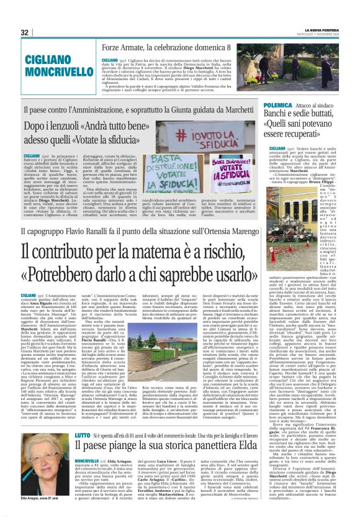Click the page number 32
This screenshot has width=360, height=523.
[24, 32]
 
